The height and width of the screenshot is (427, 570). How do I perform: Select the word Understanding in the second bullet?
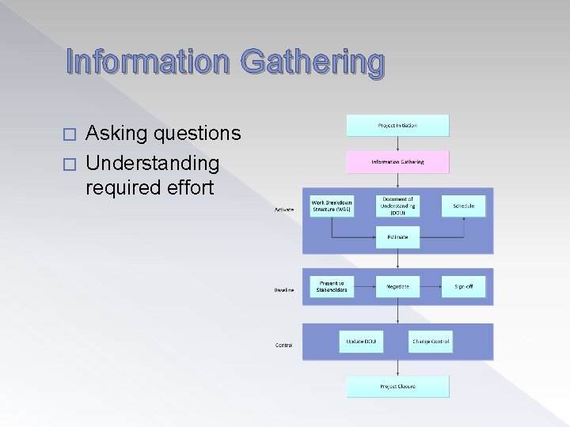(x=152, y=163)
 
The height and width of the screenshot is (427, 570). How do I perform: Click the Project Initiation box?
(x=397, y=125)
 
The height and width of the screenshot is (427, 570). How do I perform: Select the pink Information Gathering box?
(x=397, y=162)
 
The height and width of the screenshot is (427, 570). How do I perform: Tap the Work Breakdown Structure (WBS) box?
(x=332, y=206)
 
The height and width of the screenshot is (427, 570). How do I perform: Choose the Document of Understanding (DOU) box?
(x=397, y=205)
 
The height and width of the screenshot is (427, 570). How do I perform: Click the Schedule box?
(x=463, y=206)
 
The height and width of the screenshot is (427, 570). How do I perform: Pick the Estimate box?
(x=397, y=236)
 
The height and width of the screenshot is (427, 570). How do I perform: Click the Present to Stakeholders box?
(x=332, y=286)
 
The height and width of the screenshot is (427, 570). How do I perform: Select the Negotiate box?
(x=397, y=286)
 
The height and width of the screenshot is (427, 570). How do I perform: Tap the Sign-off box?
(x=463, y=286)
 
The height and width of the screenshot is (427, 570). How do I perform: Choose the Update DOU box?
(x=360, y=342)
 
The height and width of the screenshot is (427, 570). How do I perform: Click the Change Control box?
(x=430, y=342)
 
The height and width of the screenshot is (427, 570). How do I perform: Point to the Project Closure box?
(x=397, y=386)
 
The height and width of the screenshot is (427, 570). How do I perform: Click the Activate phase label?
(x=284, y=210)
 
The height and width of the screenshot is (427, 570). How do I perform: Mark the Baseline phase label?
(x=284, y=290)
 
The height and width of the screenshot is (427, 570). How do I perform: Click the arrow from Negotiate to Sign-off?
(x=431, y=286)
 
